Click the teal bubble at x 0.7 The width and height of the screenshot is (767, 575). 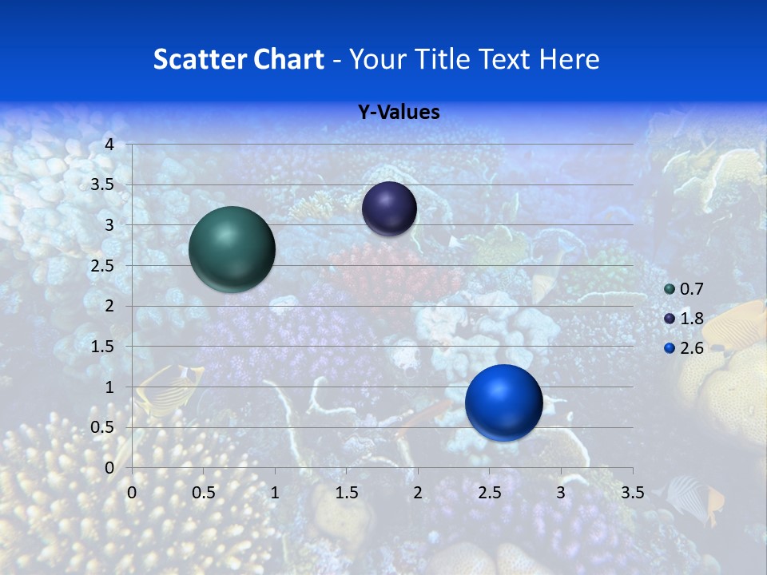(x=232, y=249)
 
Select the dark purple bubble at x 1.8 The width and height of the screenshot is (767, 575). (x=389, y=208)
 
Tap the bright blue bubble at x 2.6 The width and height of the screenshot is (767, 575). (x=503, y=402)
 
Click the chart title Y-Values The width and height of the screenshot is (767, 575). (x=398, y=113)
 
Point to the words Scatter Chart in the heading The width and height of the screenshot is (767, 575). (x=238, y=59)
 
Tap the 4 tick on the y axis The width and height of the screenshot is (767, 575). (x=110, y=145)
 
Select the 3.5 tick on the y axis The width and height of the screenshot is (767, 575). (x=103, y=184)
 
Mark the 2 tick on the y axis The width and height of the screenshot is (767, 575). (x=110, y=306)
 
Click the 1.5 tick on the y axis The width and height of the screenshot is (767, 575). (x=103, y=347)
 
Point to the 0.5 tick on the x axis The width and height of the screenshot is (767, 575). (x=203, y=493)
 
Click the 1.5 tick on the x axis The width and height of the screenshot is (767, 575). (x=346, y=493)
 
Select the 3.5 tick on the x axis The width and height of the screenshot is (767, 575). (x=632, y=493)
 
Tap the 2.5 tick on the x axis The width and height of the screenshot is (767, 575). (x=489, y=493)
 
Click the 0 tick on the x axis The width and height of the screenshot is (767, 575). (x=132, y=493)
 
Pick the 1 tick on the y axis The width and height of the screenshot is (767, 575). (x=110, y=387)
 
